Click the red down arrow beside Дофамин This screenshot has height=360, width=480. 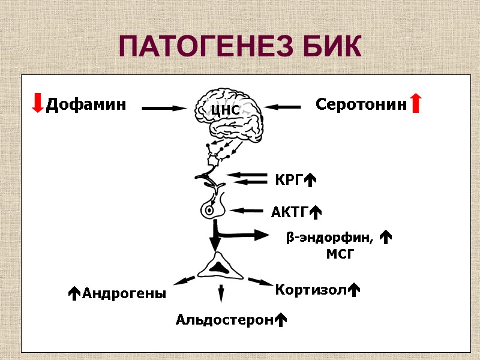[38, 103]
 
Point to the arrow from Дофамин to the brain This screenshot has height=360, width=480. [165, 108]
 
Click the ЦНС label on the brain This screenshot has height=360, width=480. [226, 110]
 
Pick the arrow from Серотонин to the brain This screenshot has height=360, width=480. [282, 107]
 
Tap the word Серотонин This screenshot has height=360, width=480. [361, 104]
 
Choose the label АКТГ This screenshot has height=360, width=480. [289, 212]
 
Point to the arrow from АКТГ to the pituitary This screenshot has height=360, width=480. [247, 211]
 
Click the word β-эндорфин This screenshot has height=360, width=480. [329, 238]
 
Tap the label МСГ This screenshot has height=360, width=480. [340, 254]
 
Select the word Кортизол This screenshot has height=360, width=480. [311, 290]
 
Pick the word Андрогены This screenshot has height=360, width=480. [124, 293]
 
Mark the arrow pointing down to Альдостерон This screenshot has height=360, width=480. [221, 293]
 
